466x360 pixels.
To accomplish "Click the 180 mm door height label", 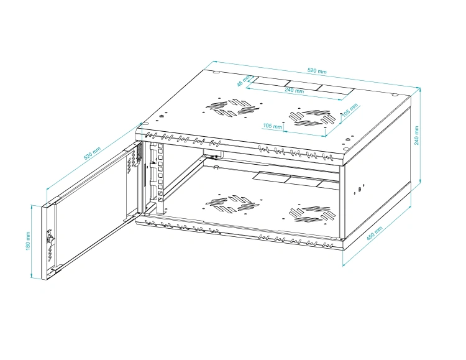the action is (x=28, y=241).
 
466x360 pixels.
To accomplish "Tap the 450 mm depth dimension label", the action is (x=374, y=233).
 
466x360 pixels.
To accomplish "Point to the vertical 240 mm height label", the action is (x=416, y=136).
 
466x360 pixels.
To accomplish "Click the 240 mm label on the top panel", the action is (x=295, y=90).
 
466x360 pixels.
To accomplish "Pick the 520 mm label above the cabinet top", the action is (x=317, y=71).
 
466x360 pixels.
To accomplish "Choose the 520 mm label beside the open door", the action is (x=92, y=153).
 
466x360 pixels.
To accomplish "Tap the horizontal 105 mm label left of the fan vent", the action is (x=272, y=126).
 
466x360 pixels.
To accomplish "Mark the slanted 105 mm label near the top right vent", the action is (x=349, y=110).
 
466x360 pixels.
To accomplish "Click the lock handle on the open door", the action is (x=50, y=238).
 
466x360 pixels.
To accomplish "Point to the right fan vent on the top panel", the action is (x=313, y=118).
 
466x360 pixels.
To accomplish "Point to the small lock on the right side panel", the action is (x=359, y=189).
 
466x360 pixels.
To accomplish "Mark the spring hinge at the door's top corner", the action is (x=139, y=155).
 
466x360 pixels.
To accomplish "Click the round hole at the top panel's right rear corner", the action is (x=395, y=95).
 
